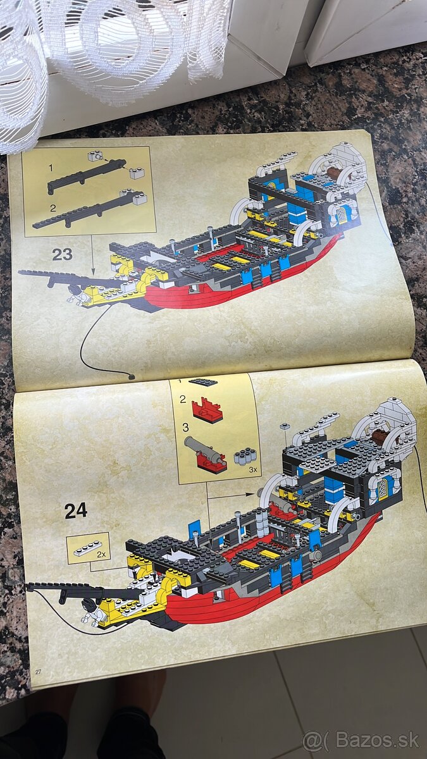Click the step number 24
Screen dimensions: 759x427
[76, 510]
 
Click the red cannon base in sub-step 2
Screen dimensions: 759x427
[207, 410]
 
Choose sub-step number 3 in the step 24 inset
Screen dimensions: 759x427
[185, 427]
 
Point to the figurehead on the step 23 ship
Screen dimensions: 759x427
[78, 290]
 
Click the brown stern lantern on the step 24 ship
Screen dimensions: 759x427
[380, 437]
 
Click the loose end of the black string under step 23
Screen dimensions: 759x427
[132, 376]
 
